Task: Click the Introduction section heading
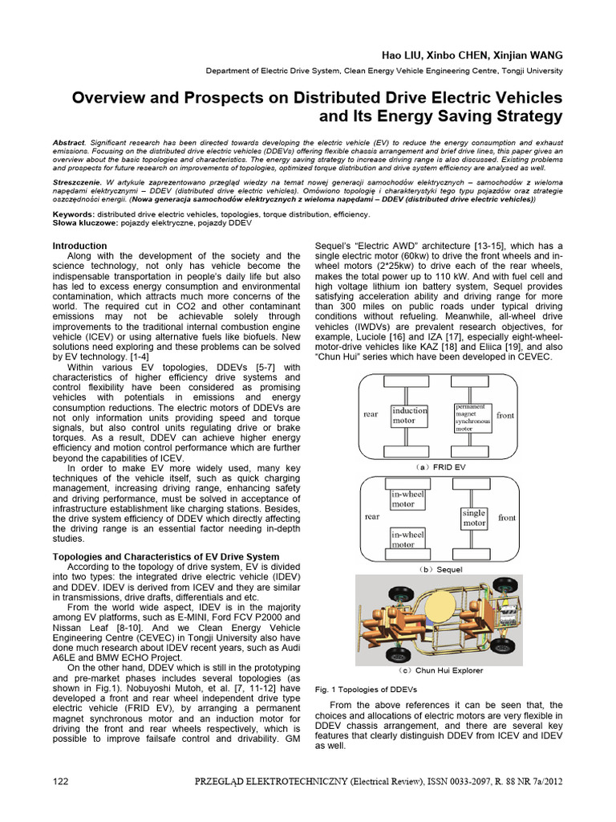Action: click(79, 246)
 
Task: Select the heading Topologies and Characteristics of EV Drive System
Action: click(166, 556)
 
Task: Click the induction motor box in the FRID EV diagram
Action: click(410, 415)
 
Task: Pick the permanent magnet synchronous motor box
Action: click(472, 417)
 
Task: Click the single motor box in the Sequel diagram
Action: click(474, 519)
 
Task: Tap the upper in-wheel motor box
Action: click(410, 499)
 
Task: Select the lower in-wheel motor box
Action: click(410, 539)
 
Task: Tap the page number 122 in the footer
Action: click(61, 804)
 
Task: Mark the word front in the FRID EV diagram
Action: click(506, 415)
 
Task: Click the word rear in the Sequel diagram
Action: click(372, 517)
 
